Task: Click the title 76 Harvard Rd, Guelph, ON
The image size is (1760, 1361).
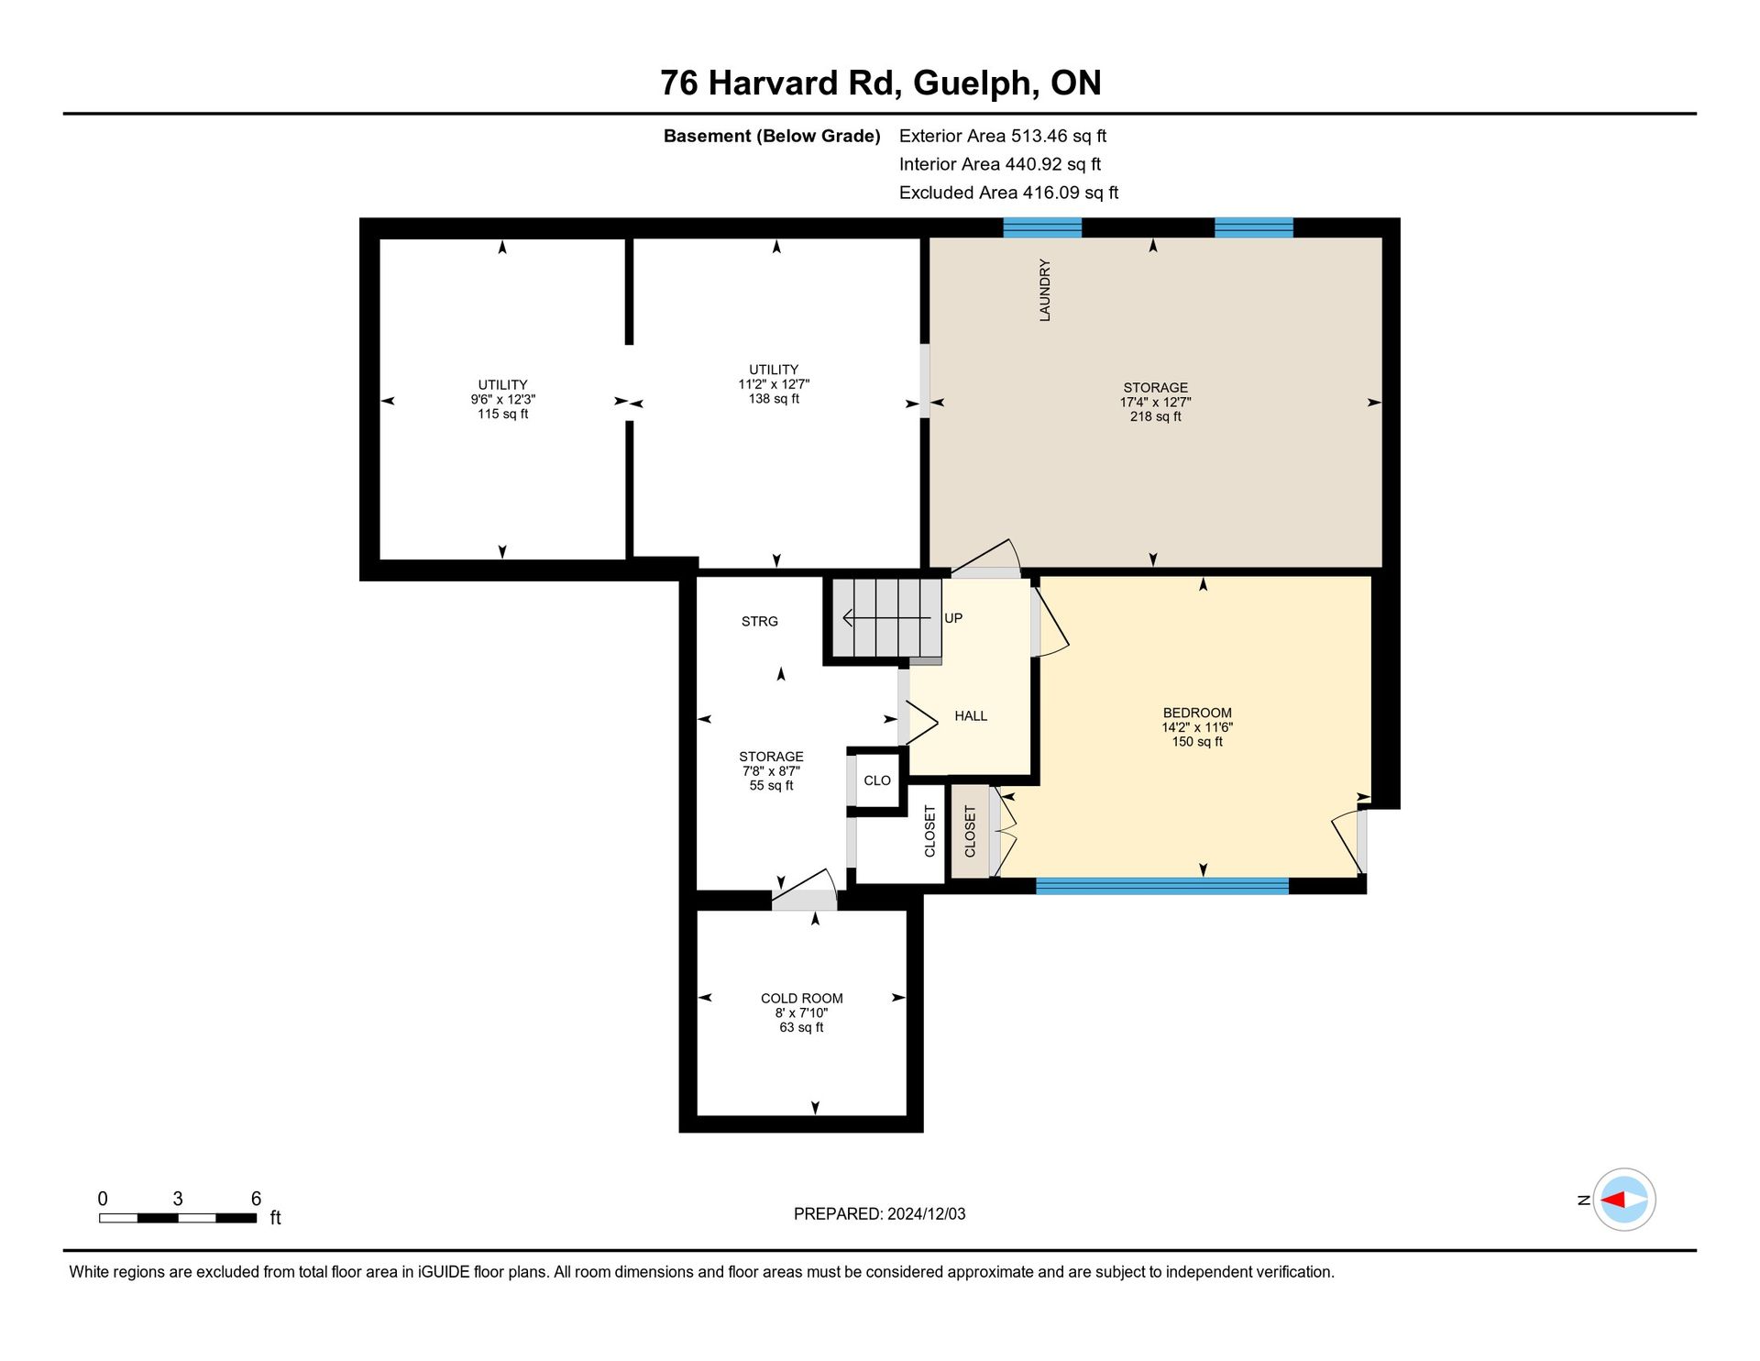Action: pos(880,83)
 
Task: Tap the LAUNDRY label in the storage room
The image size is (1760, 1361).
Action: pos(1045,290)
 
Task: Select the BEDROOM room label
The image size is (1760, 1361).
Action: pos(1197,713)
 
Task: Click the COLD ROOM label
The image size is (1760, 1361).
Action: pos(802,999)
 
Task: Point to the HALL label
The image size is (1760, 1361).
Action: pos(971,716)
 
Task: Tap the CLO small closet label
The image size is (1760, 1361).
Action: pos(877,780)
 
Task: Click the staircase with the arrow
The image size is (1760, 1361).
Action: pos(886,618)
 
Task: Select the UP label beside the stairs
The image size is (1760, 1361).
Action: pos(953,618)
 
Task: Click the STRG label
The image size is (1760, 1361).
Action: pos(760,622)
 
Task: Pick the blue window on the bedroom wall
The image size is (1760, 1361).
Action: pos(1162,886)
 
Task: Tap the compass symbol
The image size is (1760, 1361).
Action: pos(1624,1200)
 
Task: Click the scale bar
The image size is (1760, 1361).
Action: pos(178,1218)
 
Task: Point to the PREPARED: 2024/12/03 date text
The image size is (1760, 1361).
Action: pos(880,1214)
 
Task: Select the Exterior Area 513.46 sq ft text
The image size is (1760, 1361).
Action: pos(1003,136)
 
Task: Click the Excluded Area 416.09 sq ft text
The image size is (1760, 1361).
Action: pos(1009,193)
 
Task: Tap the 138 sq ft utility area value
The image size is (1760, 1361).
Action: pos(775,399)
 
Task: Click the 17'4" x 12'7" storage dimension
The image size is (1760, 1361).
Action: pos(1156,402)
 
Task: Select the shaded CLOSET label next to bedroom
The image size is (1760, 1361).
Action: pos(971,831)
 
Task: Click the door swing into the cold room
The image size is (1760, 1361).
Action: pos(804,888)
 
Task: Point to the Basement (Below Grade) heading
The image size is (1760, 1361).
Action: pos(772,136)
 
